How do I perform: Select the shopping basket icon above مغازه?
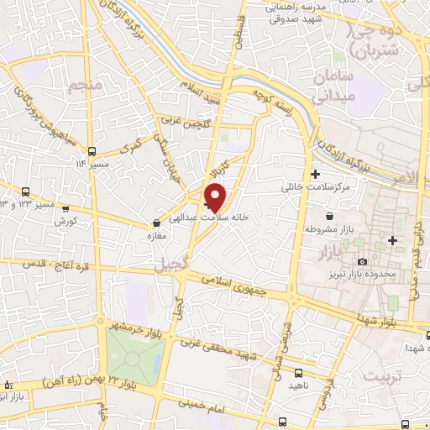point(157,223)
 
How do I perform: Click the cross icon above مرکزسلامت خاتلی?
point(315,174)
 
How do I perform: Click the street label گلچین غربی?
point(188,123)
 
